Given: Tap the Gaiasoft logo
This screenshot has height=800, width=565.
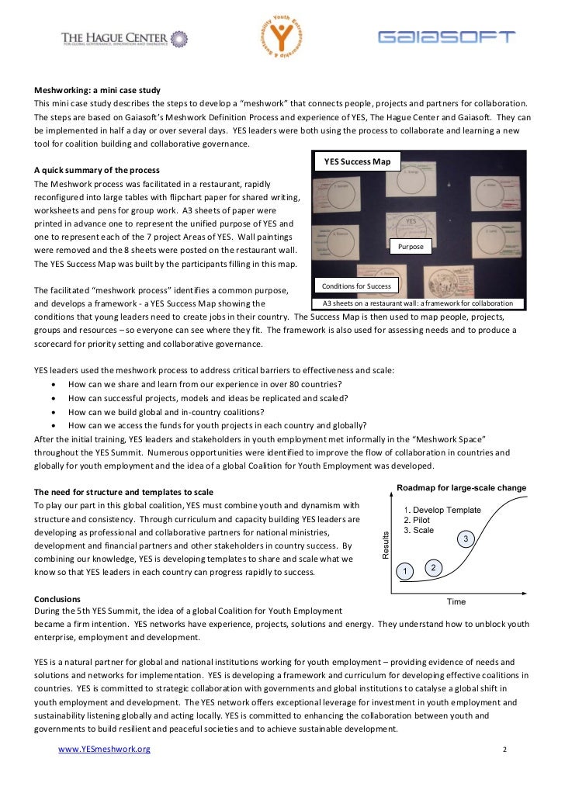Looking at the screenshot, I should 445,37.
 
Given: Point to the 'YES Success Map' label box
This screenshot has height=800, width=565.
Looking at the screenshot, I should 356,162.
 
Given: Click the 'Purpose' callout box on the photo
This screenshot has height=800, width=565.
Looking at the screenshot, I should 411,246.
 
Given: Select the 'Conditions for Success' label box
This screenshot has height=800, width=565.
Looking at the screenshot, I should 356,286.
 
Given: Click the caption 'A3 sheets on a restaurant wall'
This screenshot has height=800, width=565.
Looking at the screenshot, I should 418,303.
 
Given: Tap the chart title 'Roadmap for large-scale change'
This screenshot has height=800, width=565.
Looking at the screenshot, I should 461,488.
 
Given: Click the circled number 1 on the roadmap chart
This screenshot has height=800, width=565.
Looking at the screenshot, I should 404,572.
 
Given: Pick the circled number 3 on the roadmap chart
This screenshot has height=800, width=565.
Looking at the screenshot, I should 465,539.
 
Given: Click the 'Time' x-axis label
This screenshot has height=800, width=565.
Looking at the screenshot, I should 456,601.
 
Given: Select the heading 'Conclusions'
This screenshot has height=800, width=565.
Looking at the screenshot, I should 57,599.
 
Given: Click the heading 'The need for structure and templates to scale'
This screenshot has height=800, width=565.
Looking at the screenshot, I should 124,493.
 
